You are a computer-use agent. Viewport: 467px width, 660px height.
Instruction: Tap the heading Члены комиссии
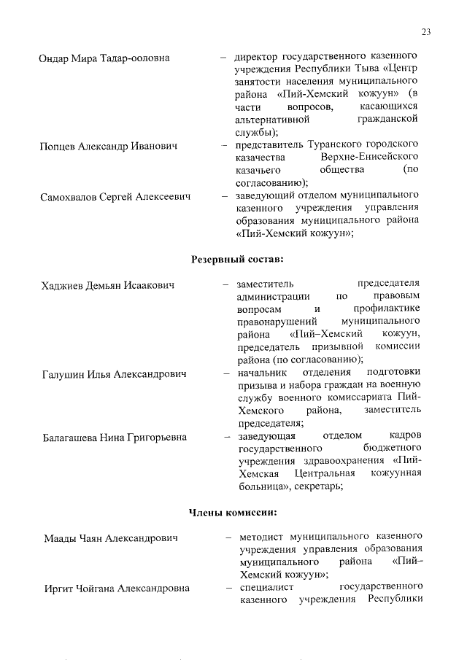click(233, 513)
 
